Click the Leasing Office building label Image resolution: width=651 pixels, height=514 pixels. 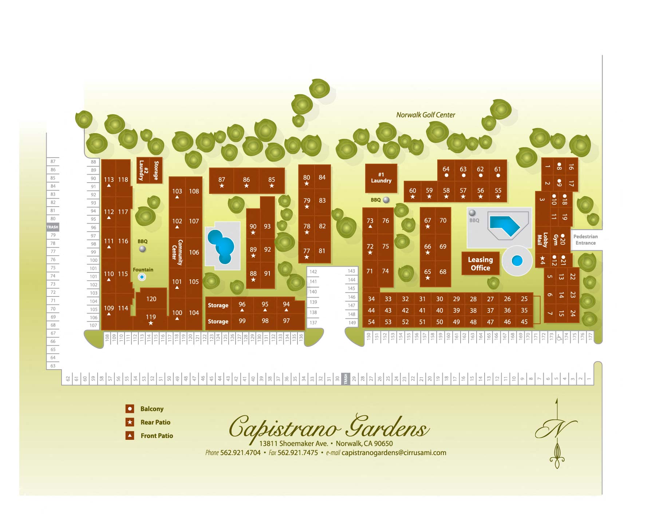point(480,264)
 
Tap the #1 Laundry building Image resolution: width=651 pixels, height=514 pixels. point(381,178)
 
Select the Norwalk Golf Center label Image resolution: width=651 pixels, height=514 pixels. point(425,115)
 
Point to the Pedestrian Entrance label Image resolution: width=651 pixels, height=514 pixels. point(585,240)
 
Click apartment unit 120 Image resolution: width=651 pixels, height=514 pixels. point(151,299)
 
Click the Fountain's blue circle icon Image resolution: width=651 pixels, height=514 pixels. point(142,277)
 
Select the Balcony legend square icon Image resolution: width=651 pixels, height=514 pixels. point(130,409)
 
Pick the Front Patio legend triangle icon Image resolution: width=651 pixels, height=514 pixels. point(130,435)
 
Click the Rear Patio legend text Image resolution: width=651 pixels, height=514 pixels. point(155,422)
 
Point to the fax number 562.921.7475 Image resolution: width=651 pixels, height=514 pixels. point(297,453)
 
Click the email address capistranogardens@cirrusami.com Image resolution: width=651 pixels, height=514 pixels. point(394,453)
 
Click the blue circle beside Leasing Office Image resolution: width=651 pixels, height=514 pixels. point(517,260)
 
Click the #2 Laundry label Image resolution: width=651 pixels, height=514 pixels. point(142,170)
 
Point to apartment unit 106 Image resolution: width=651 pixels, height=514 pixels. point(194,252)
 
